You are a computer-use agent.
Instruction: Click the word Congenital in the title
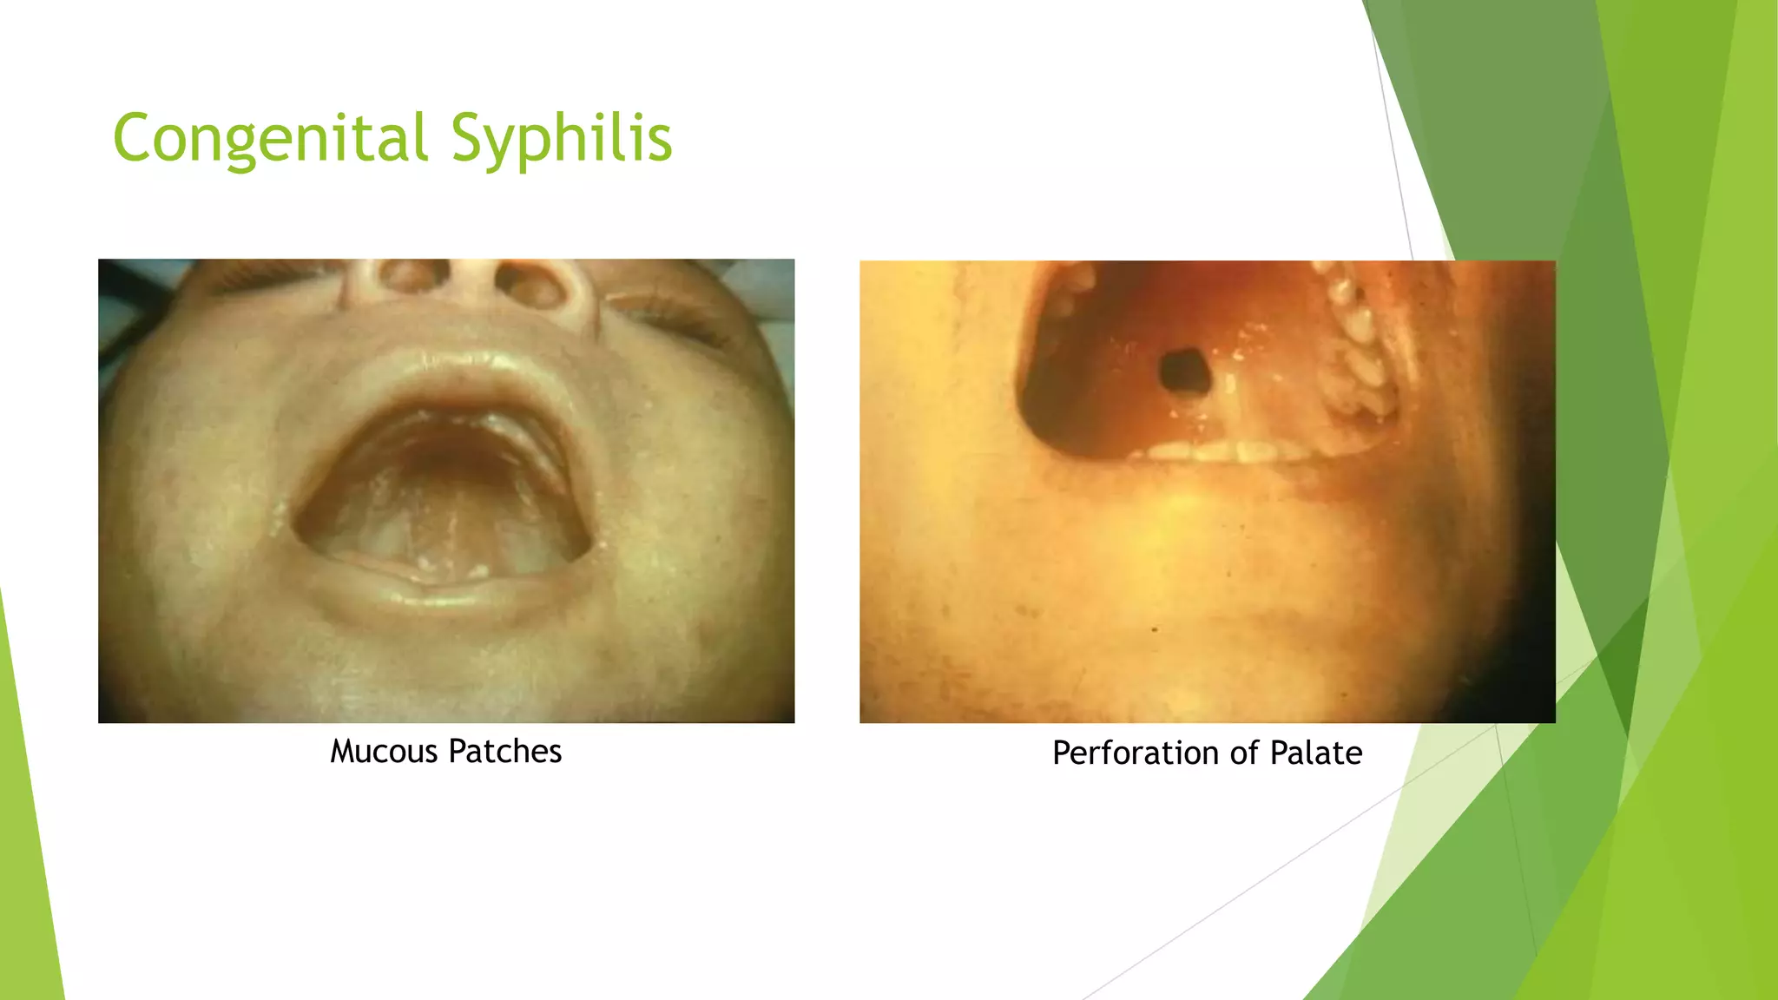pyautogui.click(x=270, y=139)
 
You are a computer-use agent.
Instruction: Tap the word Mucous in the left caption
pyautogui.click(x=384, y=752)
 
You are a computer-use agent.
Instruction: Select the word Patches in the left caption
pyautogui.click(x=505, y=752)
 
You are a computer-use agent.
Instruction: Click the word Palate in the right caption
pyautogui.click(x=1315, y=753)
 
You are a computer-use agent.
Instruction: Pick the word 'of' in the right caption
pyautogui.click(x=1244, y=753)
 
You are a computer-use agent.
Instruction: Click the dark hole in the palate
pyautogui.click(x=1184, y=372)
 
